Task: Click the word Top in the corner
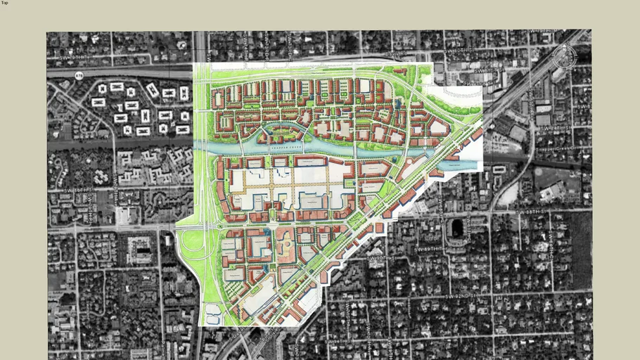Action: point(4,3)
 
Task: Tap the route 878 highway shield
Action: point(79,75)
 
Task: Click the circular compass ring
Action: point(565,56)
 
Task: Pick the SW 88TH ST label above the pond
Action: point(532,212)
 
